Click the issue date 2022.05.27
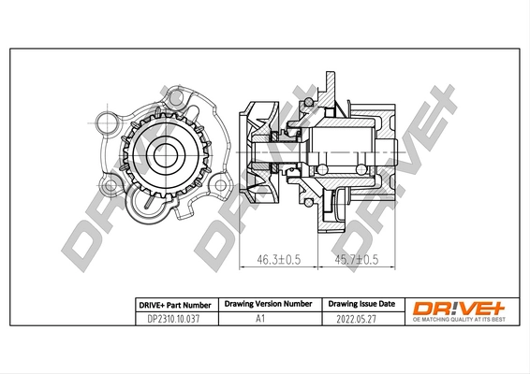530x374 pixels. tap(361, 318)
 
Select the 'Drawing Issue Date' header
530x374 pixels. tap(361, 304)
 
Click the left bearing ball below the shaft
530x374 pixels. tap(322, 168)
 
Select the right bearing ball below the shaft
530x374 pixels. tap(361, 168)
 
